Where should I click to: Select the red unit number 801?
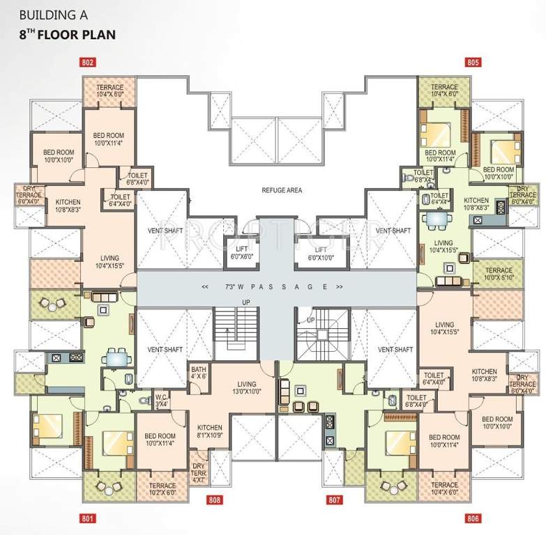coord(87,518)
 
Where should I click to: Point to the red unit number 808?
coord(215,499)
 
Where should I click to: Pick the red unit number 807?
coord(335,499)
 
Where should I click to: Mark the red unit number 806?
coord(473,518)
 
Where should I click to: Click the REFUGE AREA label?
coord(282,190)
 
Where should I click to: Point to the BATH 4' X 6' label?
coord(198,373)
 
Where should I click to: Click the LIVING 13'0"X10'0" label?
coord(246,387)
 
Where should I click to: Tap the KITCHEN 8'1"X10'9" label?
coord(210,432)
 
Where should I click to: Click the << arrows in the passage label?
coord(205,287)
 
